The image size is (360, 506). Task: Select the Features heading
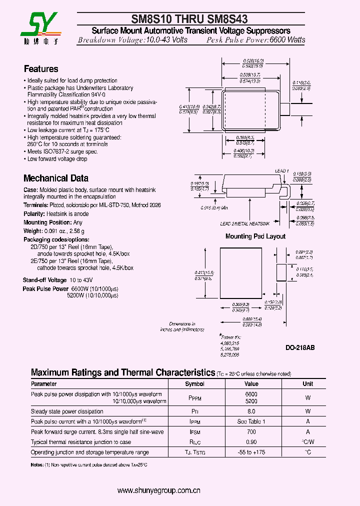click(41, 69)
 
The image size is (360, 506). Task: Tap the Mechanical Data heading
click(56, 178)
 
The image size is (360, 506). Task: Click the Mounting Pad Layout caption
click(255, 236)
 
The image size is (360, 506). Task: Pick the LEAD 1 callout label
click(282, 171)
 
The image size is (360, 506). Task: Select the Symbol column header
click(194, 384)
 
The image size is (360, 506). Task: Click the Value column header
click(251, 384)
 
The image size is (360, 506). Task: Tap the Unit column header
click(308, 384)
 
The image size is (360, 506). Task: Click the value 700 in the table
click(251, 431)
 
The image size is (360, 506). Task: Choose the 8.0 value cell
click(251, 411)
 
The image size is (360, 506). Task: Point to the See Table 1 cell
click(251, 421)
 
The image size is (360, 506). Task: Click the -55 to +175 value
click(251, 452)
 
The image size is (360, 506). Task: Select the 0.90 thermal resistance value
click(251, 442)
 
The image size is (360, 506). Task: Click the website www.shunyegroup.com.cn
click(159, 490)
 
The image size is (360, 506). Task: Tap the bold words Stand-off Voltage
click(44, 280)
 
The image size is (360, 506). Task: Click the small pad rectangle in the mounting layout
click(281, 273)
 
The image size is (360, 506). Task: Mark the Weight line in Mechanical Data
click(54, 231)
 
